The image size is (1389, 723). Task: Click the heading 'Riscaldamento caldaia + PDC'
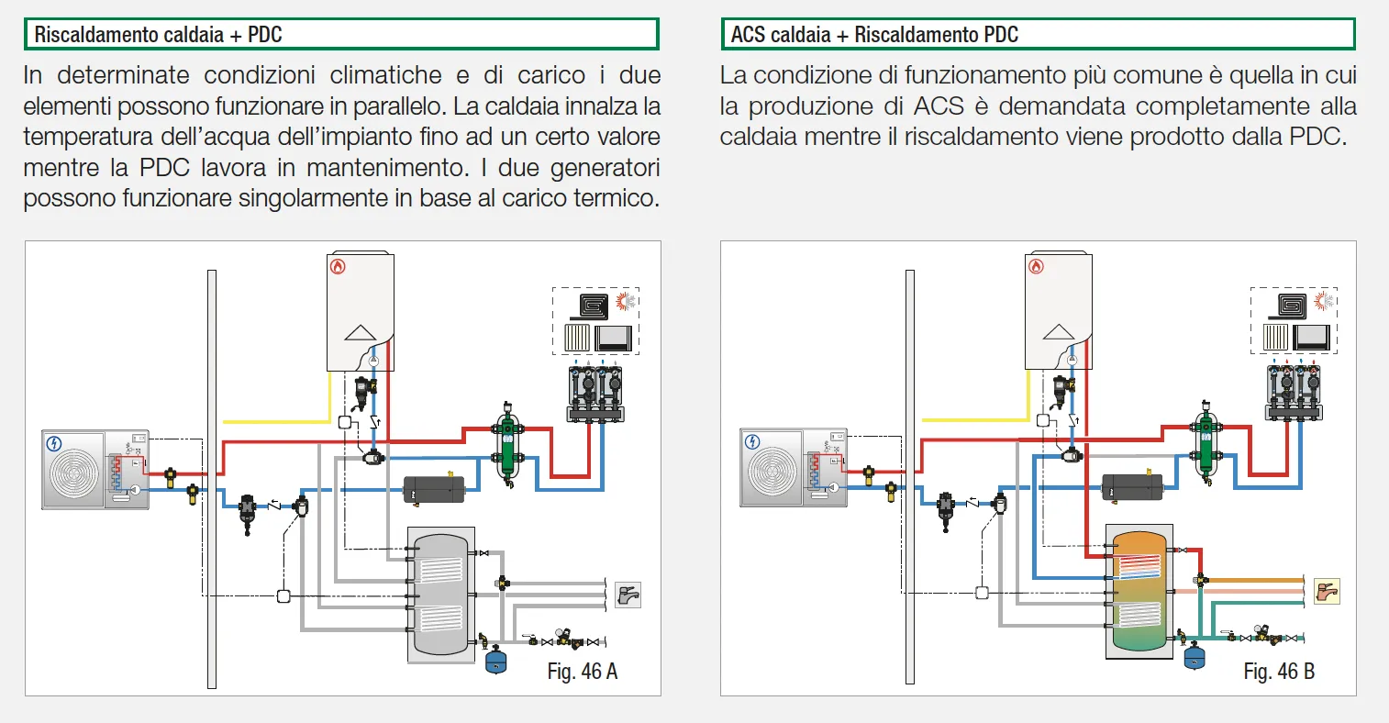158,35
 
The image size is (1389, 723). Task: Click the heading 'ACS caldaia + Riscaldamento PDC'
874,35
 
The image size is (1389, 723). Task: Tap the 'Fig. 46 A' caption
582,672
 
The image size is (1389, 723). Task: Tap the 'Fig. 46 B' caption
1279,672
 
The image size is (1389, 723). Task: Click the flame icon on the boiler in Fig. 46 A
339,267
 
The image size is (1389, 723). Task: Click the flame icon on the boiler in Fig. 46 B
1037,267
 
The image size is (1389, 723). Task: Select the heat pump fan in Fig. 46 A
74,471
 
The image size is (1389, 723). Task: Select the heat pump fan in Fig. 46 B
772,471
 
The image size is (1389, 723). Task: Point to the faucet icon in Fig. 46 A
628,595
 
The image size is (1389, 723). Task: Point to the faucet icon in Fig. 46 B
1327,592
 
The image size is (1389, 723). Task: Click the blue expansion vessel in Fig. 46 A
495,661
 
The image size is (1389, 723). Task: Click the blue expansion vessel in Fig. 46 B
1194,657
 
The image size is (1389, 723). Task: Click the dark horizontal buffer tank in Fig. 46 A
434,488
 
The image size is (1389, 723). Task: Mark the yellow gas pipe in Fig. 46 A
275,421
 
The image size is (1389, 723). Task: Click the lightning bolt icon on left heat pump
54,444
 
